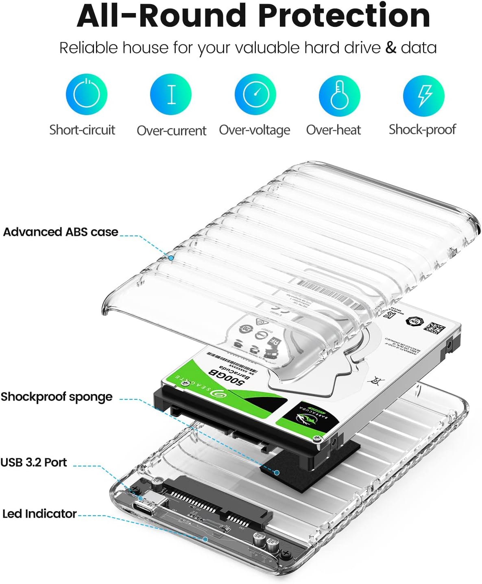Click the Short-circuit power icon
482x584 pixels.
(86, 94)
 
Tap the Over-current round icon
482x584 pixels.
(171, 94)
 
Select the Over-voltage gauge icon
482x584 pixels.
(255, 94)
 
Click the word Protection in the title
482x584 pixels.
(344, 16)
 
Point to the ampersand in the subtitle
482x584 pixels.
(390, 48)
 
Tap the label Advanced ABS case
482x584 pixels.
(61, 232)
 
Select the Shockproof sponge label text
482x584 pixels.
(57, 397)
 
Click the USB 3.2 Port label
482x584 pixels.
(34, 462)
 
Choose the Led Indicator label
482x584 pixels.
(39, 514)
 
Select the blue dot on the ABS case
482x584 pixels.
(171, 258)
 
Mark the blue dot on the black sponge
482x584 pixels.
(277, 473)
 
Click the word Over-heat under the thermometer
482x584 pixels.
(334, 130)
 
